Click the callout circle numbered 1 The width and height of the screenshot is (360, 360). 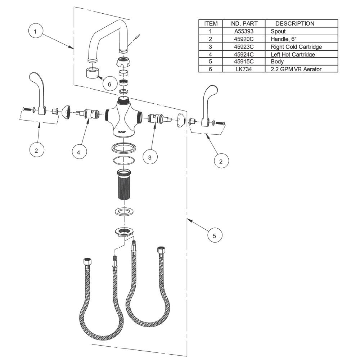35,32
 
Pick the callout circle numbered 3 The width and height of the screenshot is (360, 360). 150,157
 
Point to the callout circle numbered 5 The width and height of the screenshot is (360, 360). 214,236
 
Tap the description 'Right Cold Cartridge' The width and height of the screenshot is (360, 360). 296,47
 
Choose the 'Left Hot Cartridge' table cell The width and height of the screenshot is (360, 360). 293,54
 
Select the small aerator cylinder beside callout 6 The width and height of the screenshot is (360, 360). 93,74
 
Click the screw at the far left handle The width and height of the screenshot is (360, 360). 26,109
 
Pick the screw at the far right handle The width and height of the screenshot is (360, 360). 220,123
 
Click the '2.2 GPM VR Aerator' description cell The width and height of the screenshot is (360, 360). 296,69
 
